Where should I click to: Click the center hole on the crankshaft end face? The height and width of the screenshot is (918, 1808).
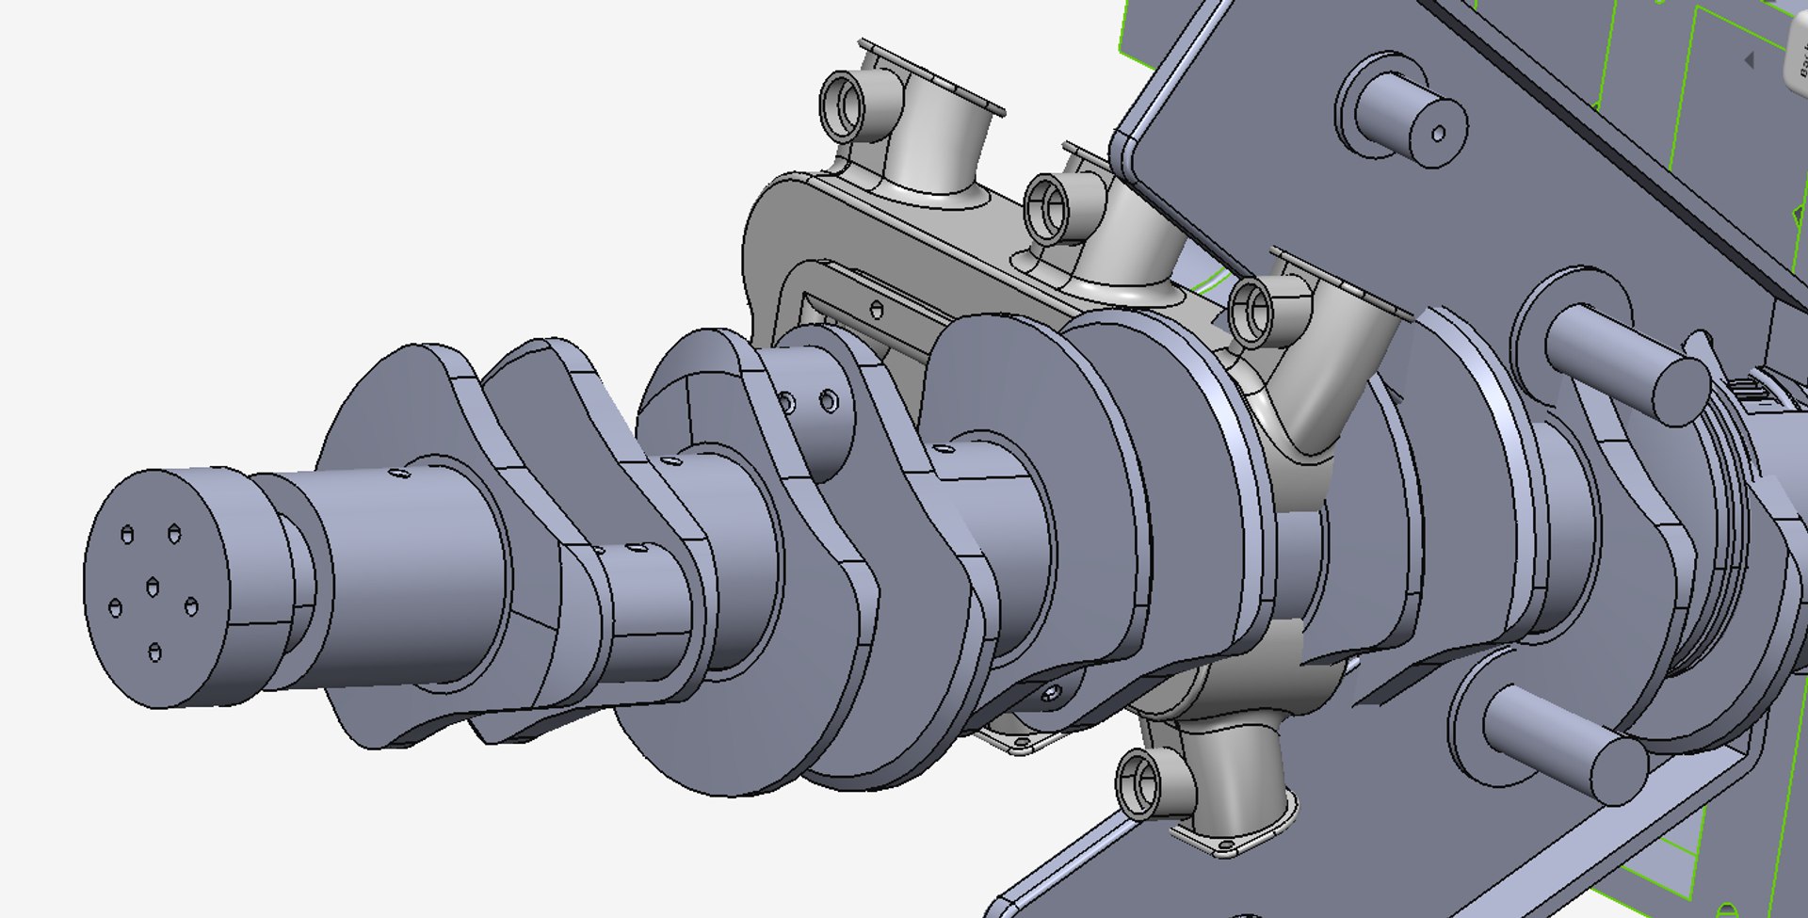pos(152,588)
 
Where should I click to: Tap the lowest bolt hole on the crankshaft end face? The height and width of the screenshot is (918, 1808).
pos(155,652)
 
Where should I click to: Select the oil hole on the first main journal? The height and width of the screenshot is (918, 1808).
pos(395,474)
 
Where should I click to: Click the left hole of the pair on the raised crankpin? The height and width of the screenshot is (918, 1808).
pos(786,403)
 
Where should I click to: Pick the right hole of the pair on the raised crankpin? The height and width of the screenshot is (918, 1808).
pos(828,402)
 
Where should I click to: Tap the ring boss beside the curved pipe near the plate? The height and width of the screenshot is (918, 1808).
pos(1253,308)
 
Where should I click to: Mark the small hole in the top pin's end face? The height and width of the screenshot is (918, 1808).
pos(1438,135)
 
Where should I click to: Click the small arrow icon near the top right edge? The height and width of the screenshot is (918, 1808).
pos(1749,60)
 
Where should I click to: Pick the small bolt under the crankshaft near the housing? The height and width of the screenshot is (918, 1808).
pos(1051,695)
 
